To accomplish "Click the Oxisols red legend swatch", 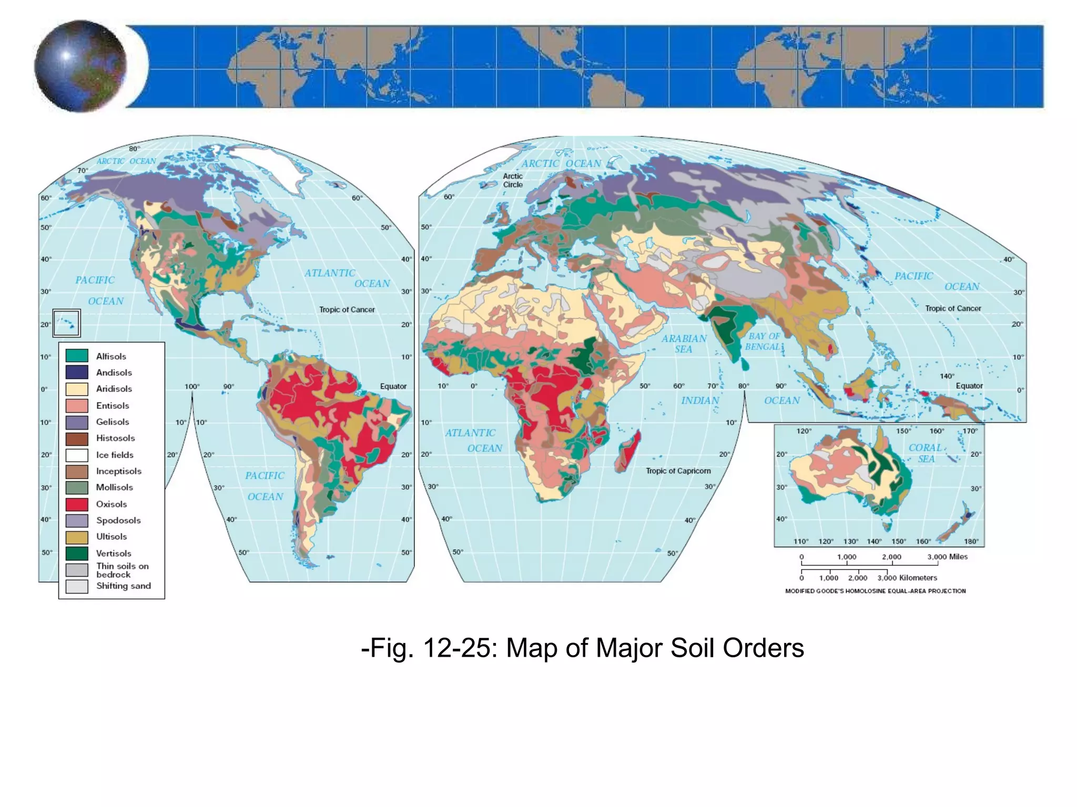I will pos(76,504).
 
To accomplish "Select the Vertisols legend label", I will pos(114,553).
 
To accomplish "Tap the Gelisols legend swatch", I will pos(76,422).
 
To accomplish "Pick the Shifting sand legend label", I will pos(123,586).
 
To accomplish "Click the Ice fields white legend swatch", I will pos(76,455).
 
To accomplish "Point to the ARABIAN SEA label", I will pos(684,344).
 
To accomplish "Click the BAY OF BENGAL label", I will pos(764,341).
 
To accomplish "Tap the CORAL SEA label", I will pos(926,453).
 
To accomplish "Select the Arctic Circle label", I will pos(513,180).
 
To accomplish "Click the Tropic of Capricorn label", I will pos(678,471).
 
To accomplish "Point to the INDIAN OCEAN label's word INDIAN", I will pos(700,400).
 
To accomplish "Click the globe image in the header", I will pos(80,66).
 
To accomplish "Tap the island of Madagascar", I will pos(628,451).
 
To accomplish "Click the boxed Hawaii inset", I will pos(66,322).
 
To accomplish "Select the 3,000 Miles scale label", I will pos(947,557).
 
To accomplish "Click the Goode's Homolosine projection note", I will pos(875,591).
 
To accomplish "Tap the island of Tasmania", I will pos(889,524).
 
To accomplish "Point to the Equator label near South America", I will pos(393,386).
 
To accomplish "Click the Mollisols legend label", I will pos(114,488).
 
